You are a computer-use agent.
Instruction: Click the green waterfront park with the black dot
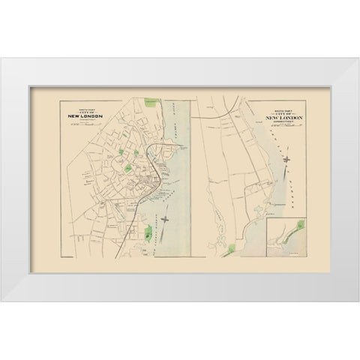[x=148, y=233]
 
